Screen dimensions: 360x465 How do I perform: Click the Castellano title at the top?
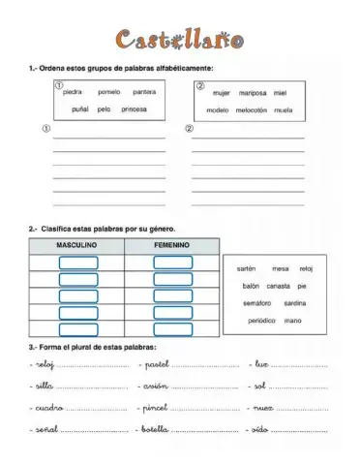tap(180, 40)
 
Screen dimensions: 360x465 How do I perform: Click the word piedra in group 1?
tap(75, 92)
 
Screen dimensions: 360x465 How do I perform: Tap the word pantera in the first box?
tap(144, 92)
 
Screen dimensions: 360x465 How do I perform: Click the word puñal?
tap(79, 109)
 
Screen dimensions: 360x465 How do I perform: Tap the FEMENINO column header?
tap(171, 245)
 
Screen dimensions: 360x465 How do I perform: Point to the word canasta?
tap(279, 286)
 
